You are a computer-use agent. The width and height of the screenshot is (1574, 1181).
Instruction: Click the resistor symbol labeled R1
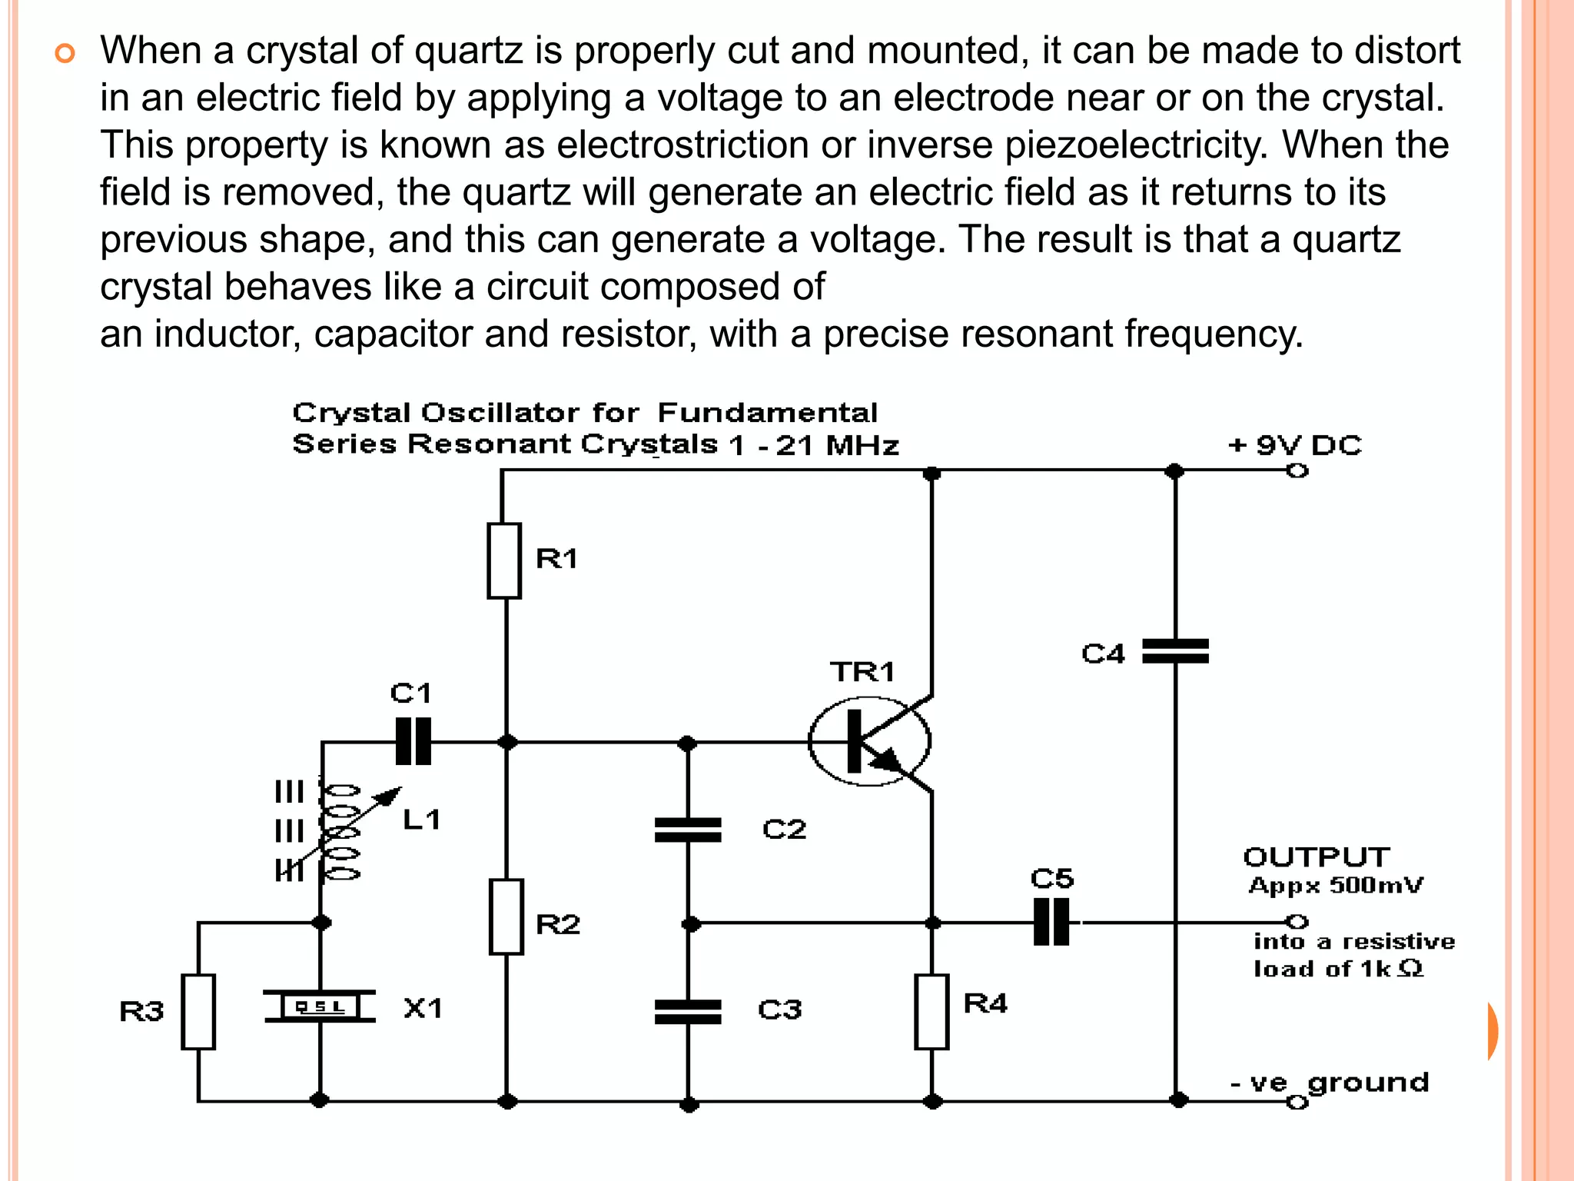click(x=504, y=561)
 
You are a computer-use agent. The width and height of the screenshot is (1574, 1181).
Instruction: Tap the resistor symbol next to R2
click(x=506, y=917)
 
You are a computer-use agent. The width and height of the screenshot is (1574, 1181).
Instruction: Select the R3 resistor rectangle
click(x=198, y=1012)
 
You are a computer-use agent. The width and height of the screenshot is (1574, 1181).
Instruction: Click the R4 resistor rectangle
click(x=931, y=1012)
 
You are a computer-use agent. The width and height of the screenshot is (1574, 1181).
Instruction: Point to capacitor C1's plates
click(x=413, y=742)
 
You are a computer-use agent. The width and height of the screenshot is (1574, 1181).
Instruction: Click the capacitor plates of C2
click(x=688, y=830)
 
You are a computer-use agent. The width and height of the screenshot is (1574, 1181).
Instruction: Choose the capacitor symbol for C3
click(x=688, y=1012)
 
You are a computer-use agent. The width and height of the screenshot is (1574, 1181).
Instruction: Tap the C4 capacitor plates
click(x=1175, y=651)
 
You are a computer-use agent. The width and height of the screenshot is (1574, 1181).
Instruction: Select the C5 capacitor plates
click(x=1051, y=922)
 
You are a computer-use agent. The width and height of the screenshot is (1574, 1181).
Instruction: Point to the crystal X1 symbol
click(x=320, y=1006)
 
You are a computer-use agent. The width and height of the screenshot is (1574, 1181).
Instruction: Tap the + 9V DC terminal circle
click(x=1297, y=471)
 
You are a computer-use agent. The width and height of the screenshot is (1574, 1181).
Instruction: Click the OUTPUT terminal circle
click(x=1297, y=921)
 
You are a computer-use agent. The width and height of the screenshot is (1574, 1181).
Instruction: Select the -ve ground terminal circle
click(x=1297, y=1103)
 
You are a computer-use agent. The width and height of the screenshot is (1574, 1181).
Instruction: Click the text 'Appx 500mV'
click(x=1336, y=886)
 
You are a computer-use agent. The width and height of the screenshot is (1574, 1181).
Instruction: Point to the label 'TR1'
click(x=862, y=673)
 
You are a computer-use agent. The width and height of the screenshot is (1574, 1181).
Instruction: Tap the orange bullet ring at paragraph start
click(x=65, y=54)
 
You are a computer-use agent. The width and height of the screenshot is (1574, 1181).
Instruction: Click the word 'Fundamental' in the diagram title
click(x=767, y=413)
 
